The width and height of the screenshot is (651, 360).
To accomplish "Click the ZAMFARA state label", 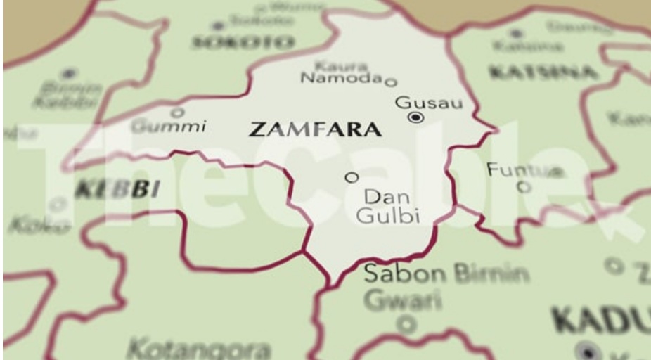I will click(x=316, y=130).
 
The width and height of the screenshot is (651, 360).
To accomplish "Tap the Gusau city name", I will click(x=429, y=103).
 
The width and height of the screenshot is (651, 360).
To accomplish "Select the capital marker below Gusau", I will click(x=416, y=118).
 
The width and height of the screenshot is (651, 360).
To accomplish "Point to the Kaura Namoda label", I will click(x=340, y=72).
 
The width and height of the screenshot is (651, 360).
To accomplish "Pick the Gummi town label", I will click(x=169, y=127).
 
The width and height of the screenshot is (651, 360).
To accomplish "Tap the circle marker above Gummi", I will click(x=177, y=112).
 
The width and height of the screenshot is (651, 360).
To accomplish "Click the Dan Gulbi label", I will click(x=388, y=206).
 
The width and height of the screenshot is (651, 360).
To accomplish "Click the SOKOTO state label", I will click(x=243, y=42).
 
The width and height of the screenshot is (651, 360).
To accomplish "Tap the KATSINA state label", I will click(x=543, y=72).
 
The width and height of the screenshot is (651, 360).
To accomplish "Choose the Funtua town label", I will click(x=524, y=170).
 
